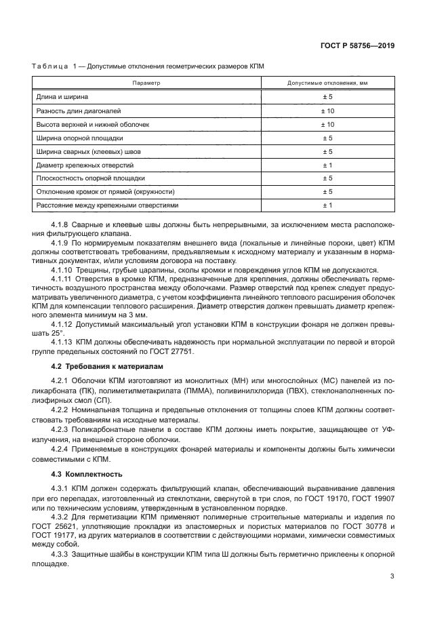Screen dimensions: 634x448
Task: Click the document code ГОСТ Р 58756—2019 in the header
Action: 358,45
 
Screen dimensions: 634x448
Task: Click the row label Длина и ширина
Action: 62,97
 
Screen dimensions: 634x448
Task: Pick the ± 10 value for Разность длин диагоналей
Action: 327,111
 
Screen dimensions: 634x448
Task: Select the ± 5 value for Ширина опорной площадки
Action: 327,138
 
